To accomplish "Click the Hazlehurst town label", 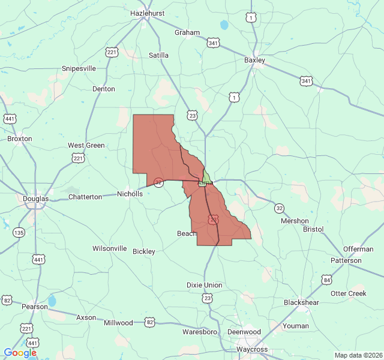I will (147, 12).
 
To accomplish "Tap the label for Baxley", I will (254, 60).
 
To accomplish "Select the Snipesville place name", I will (79, 68).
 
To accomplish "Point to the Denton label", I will (103, 89).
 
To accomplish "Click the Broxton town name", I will (20, 139).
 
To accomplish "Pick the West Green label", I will (86, 145).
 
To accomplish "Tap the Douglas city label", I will (35, 199).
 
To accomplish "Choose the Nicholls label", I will (130, 194).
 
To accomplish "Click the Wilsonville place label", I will (109, 248).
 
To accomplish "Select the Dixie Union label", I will (204, 285).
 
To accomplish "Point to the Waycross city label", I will (251, 349).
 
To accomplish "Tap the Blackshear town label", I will (301, 302).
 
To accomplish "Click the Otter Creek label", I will (348, 293).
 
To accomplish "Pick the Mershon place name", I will (295, 221).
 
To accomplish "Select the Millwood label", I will (118, 323).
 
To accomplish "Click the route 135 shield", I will (20, 232).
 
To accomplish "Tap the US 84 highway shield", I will (326, 280).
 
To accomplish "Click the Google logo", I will (20, 353).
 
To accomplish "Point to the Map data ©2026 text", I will (358, 355).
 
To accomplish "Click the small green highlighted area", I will (206, 176).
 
